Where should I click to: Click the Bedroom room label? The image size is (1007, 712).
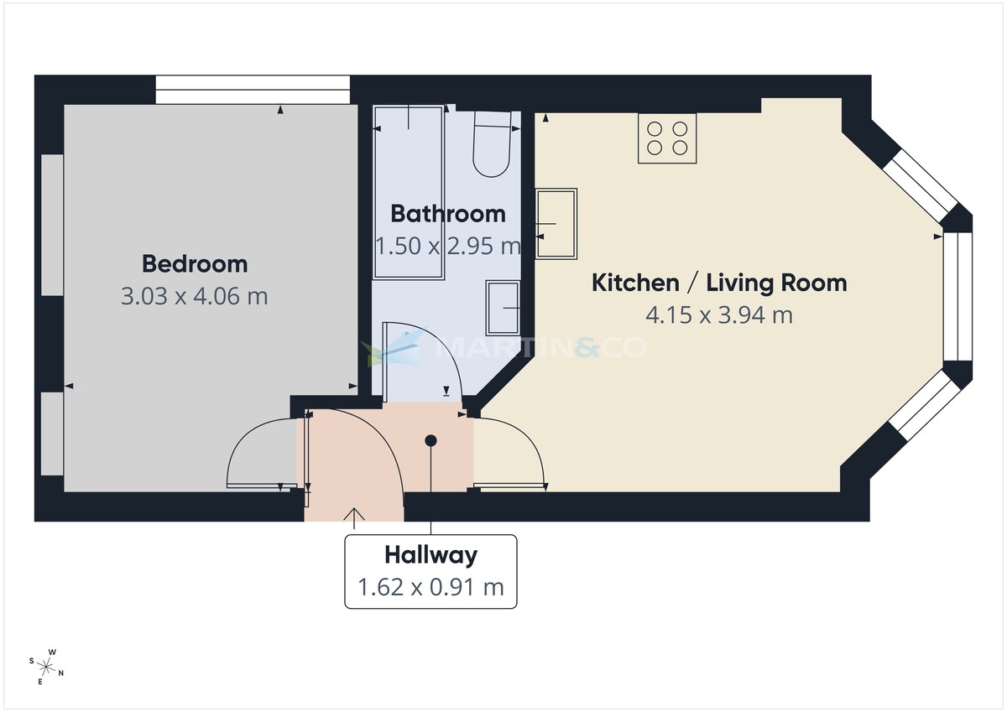195,264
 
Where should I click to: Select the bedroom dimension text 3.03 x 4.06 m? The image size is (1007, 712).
195,296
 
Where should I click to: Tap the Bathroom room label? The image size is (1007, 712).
448,214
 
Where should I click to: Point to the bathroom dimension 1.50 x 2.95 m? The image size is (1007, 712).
448,246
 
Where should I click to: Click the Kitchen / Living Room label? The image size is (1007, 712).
719,283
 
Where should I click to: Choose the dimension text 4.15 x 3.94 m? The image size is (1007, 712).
719,314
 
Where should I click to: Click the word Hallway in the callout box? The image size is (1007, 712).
430,554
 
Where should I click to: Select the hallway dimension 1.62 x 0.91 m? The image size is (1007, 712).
430,587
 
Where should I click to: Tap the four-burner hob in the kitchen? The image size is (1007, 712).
667,138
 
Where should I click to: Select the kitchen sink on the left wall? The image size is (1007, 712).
556,223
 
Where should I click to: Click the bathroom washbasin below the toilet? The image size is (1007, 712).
503,308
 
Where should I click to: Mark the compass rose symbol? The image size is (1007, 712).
47,667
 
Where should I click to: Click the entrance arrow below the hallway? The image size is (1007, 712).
354,518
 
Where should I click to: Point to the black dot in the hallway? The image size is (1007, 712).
430,440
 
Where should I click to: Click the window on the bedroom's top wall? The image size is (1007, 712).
252,90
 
